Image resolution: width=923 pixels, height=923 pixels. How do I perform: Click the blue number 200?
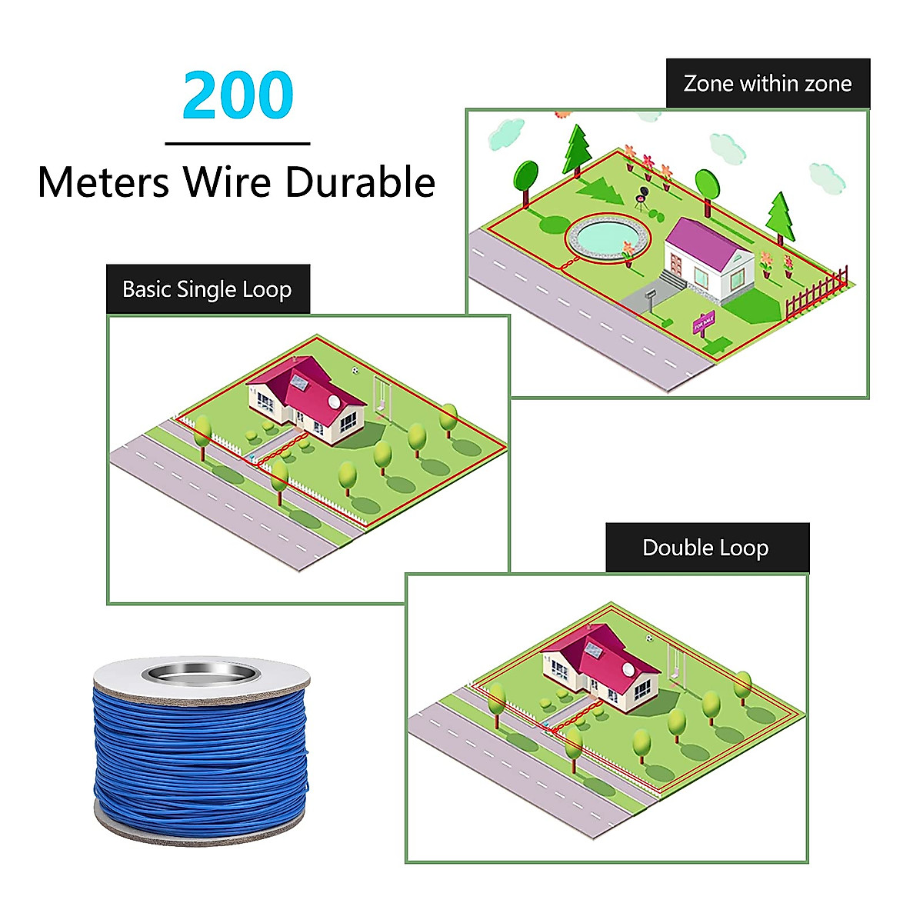point(238,96)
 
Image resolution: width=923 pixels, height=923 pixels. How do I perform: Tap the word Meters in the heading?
point(103,183)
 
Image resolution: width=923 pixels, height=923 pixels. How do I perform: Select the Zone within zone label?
point(768,83)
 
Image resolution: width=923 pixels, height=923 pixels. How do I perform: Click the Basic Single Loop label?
point(207,289)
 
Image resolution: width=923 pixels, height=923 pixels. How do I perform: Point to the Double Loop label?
point(706,548)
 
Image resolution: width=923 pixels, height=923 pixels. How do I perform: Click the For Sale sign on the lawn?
point(703,324)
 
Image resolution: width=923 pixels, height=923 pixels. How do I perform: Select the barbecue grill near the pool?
point(640,198)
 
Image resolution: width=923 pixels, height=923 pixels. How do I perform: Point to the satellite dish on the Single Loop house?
point(333,402)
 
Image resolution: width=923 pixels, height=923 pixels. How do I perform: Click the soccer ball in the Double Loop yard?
point(651,638)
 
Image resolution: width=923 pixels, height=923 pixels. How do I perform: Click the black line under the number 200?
point(238,144)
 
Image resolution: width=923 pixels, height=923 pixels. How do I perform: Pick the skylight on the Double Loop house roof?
point(592,650)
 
